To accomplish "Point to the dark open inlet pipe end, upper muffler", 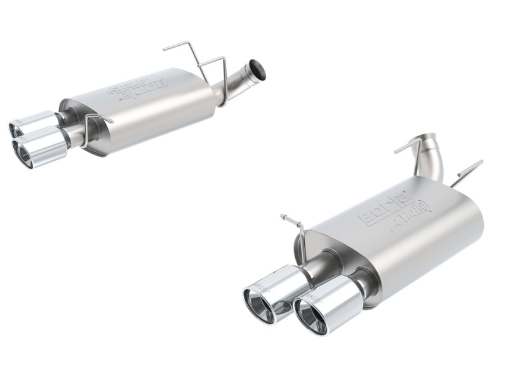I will [257, 69].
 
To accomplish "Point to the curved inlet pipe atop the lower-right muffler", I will [425, 153].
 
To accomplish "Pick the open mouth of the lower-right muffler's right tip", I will [311, 317].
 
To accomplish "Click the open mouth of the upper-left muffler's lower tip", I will [24, 153].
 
